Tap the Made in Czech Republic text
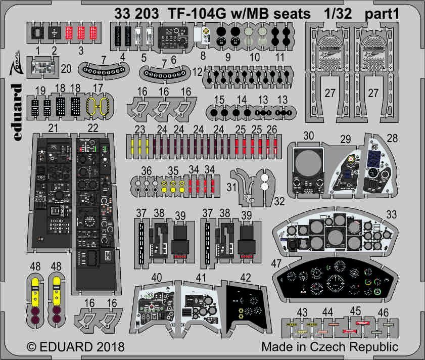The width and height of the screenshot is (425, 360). click(329, 348)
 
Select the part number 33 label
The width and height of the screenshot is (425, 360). click(404, 214)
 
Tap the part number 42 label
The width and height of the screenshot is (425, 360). click(246, 277)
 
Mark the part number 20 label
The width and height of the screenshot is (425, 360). click(66, 69)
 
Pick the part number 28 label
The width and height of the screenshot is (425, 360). click(392, 138)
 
